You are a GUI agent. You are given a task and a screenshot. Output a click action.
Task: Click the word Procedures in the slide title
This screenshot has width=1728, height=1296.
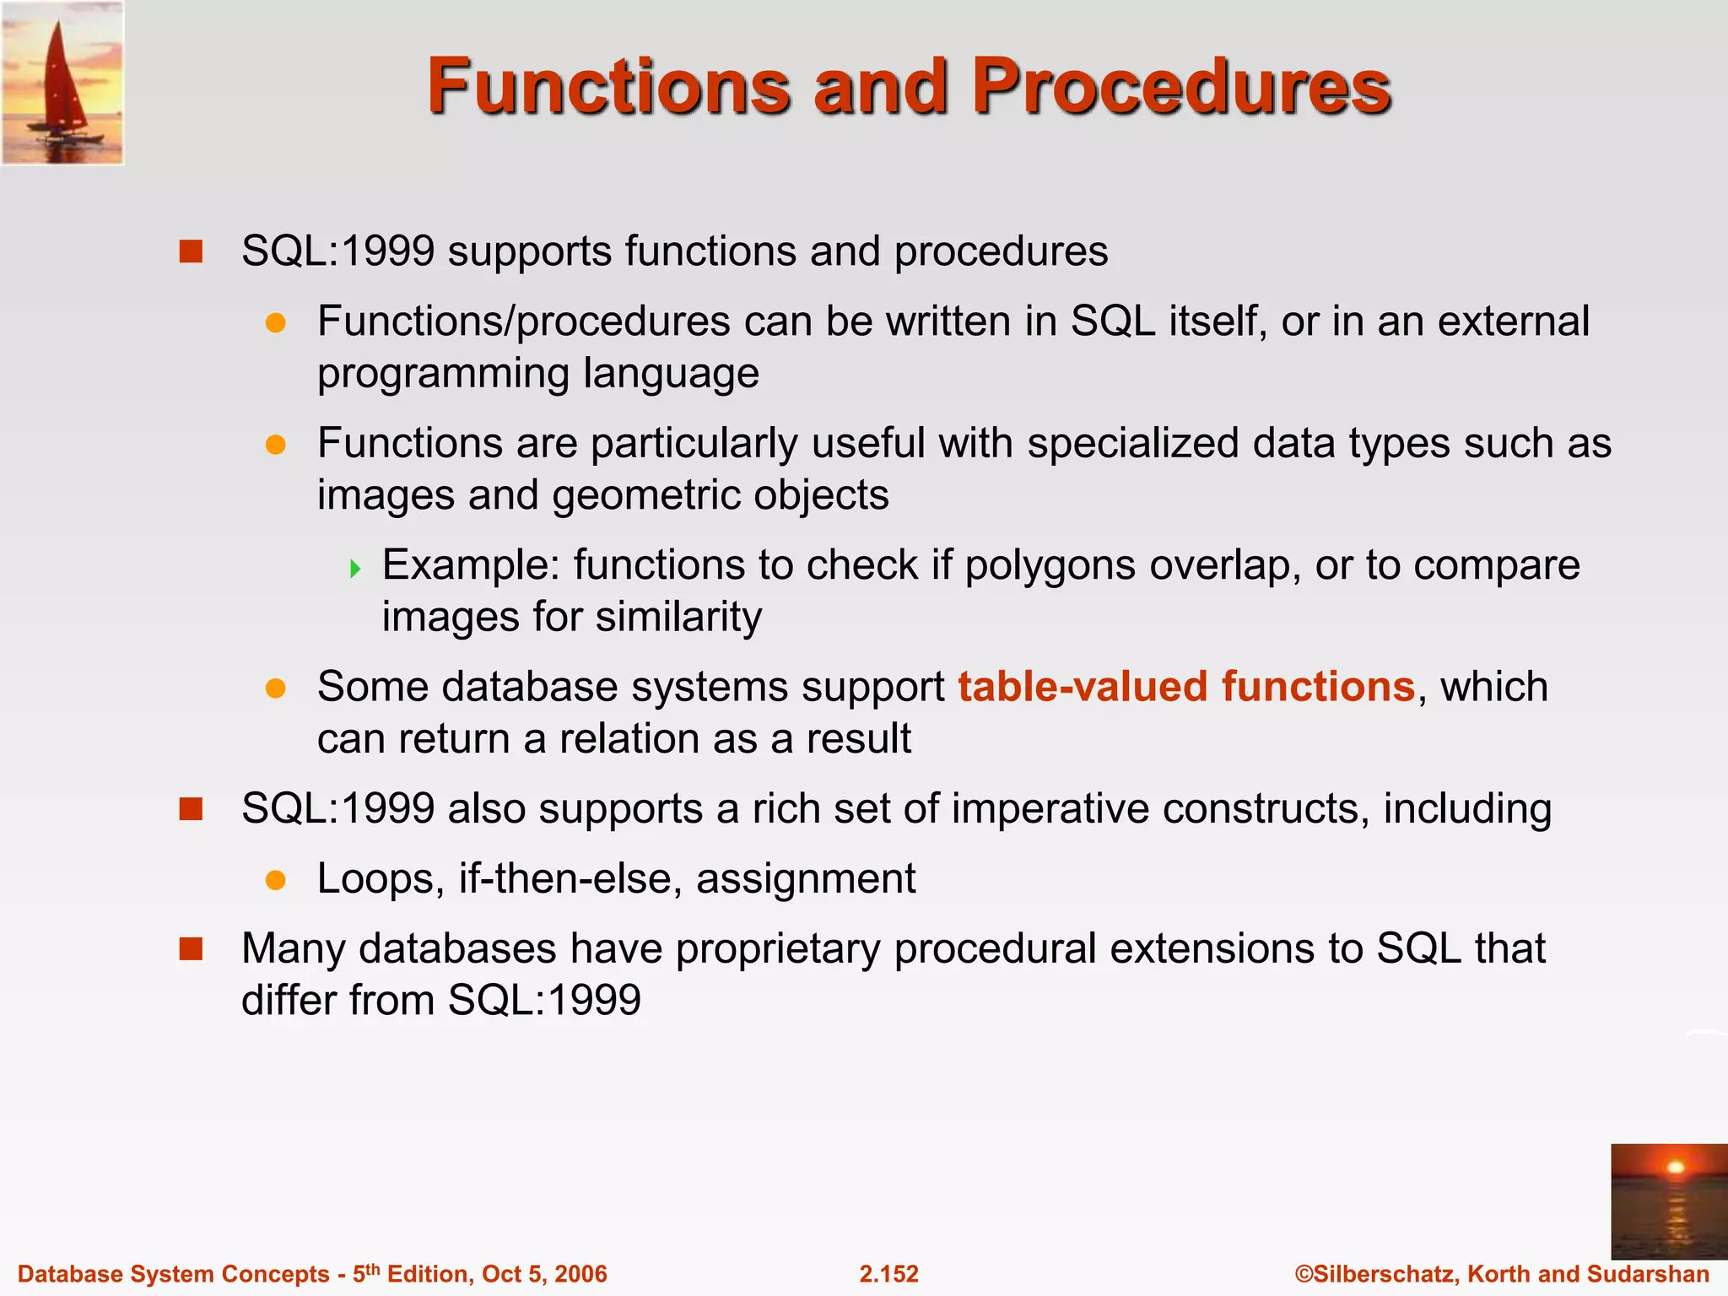pos(1181,86)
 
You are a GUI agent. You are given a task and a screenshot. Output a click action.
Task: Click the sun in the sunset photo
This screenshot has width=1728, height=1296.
pos(1676,1168)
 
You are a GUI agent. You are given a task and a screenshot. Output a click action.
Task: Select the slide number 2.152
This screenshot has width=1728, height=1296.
pos(888,1274)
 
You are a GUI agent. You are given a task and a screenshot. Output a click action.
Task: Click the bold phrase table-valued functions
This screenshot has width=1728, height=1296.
pos(1185,686)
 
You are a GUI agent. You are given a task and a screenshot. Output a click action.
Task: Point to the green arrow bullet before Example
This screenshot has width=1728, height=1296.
pos(355,568)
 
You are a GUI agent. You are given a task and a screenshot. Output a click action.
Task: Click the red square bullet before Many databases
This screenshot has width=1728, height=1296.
pos(192,949)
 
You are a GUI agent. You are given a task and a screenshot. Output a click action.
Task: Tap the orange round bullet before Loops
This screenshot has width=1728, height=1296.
pos(275,880)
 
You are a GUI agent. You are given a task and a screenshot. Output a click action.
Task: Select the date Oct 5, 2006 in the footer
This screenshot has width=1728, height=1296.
pos(544,1274)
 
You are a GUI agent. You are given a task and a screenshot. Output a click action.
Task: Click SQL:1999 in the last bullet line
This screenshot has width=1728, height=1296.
pos(544,1001)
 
